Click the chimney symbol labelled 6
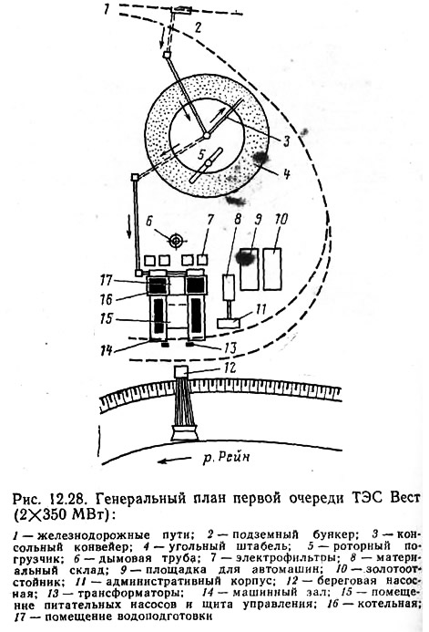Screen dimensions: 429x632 [176, 241]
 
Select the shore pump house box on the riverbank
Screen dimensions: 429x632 [181, 371]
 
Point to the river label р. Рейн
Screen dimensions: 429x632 [226, 458]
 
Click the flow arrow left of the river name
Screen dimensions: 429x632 [174, 460]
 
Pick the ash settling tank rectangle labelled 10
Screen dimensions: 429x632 [272, 269]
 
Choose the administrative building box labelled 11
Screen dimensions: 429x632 [229, 323]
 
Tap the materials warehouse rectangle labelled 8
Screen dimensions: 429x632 [229, 286]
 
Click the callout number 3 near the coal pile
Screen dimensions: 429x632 [286, 141]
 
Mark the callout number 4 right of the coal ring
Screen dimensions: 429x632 [286, 174]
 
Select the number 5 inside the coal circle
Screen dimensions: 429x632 [203, 153]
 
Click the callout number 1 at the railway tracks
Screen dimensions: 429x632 [107, 9]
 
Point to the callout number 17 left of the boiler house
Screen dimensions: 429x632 [107, 280]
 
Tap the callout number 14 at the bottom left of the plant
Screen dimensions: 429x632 [107, 349]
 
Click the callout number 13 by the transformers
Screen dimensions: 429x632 [230, 347]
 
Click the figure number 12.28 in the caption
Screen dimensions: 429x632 [67, 499]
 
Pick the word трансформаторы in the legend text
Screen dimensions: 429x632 [128, 593]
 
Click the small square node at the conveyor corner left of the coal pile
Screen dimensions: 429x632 [135, 177]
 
